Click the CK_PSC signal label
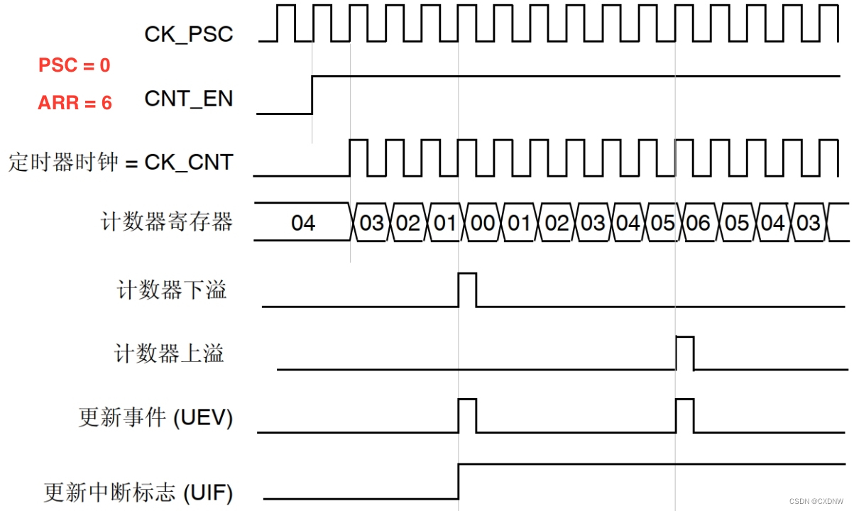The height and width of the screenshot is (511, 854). [x=188, y=34]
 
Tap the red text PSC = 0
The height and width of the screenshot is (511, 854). [x=74, y=65]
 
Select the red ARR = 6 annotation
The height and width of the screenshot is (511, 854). [x=75, y=103]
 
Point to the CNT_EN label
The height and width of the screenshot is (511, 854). [x=188, y=99]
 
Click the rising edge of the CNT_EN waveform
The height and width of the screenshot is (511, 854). [x=312, y=94]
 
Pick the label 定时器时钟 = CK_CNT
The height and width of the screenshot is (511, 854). [x=121, y=162]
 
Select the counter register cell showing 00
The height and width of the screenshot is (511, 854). [x=483, y=223]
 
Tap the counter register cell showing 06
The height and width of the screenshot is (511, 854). [x=699, y=223]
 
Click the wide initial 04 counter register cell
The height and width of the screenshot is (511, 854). [x=303, y=223]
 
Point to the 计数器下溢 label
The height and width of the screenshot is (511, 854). [x=172, y=290]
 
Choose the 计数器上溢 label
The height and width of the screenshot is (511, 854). [x=170, y=353]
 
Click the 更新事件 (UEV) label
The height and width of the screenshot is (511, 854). [x=155, y=418]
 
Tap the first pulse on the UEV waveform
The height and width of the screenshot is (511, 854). [x=467, y=416]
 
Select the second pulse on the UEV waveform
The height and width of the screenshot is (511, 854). [x=684, y=416]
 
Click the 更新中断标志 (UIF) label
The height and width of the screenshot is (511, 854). [x=138, y=492]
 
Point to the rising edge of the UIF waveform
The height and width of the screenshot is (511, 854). [x=459, y=481]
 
